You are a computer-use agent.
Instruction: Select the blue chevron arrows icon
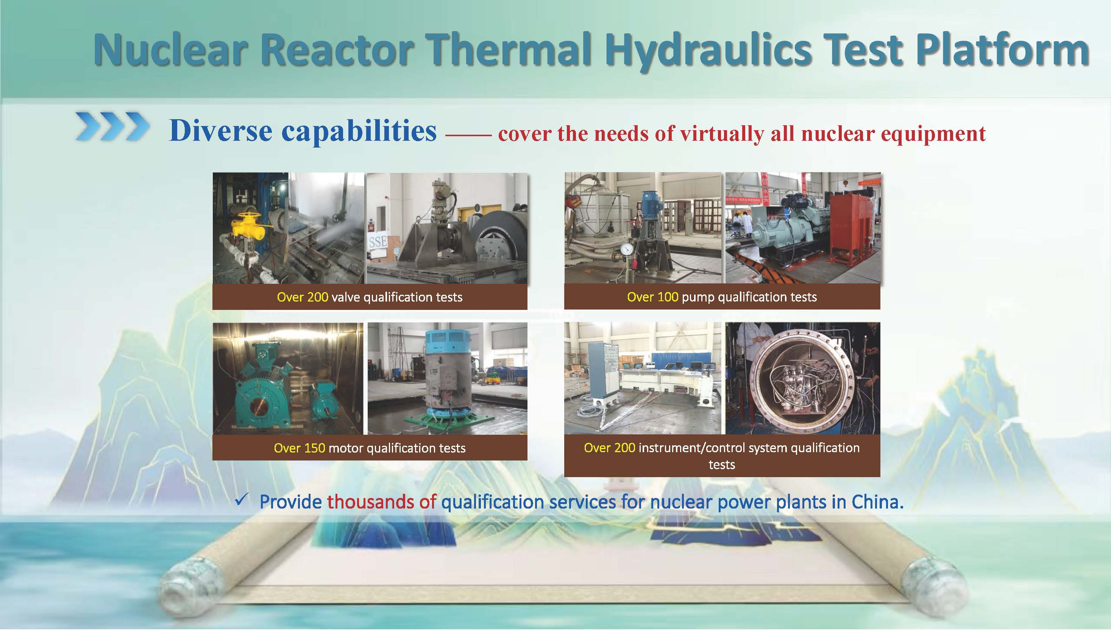click(112, 127)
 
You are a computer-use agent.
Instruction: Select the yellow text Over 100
click(652, 297)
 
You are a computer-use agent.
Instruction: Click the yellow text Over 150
click(299, 448)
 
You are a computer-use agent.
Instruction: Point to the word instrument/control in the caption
click(691, 448)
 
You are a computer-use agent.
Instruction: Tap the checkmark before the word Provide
click(241, 501)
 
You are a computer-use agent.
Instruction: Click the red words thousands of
click(381, 502)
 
